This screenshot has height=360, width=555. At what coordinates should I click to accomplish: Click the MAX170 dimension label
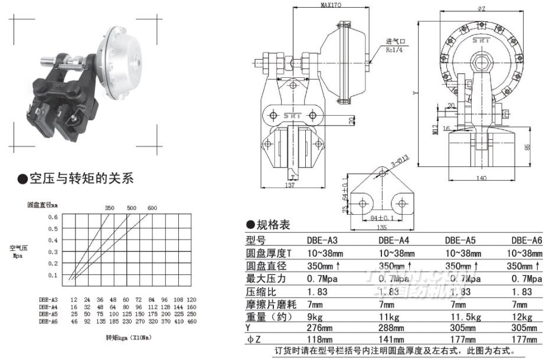click(331, 4)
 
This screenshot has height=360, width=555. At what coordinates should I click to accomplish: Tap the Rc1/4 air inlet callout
click(395, 50)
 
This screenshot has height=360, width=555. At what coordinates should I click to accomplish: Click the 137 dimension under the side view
click(289, 186)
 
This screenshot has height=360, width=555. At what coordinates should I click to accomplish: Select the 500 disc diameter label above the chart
click(131, 208)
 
